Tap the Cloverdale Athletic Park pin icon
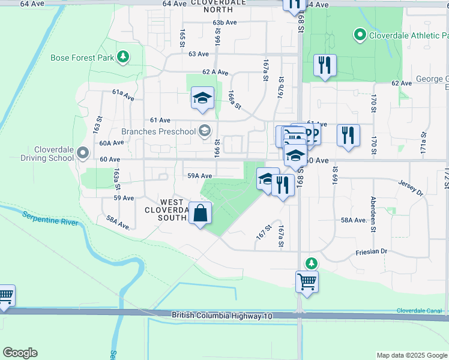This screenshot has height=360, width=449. pos(360,35)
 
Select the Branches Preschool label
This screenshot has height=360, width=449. pos(158,131)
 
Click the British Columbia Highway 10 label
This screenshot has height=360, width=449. pos(222,315)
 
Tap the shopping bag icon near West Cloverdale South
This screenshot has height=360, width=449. pos(200,213)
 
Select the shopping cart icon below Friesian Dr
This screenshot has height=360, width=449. pos(307,281)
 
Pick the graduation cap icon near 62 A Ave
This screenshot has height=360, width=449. pos(202,98)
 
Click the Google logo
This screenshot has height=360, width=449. pos(20,353)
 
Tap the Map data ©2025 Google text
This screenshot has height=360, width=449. pos(411,355)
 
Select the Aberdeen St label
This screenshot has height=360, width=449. pos(373,214)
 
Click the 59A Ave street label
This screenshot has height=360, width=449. pos(200,176)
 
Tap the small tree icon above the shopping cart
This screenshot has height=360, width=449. pos(311,263)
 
